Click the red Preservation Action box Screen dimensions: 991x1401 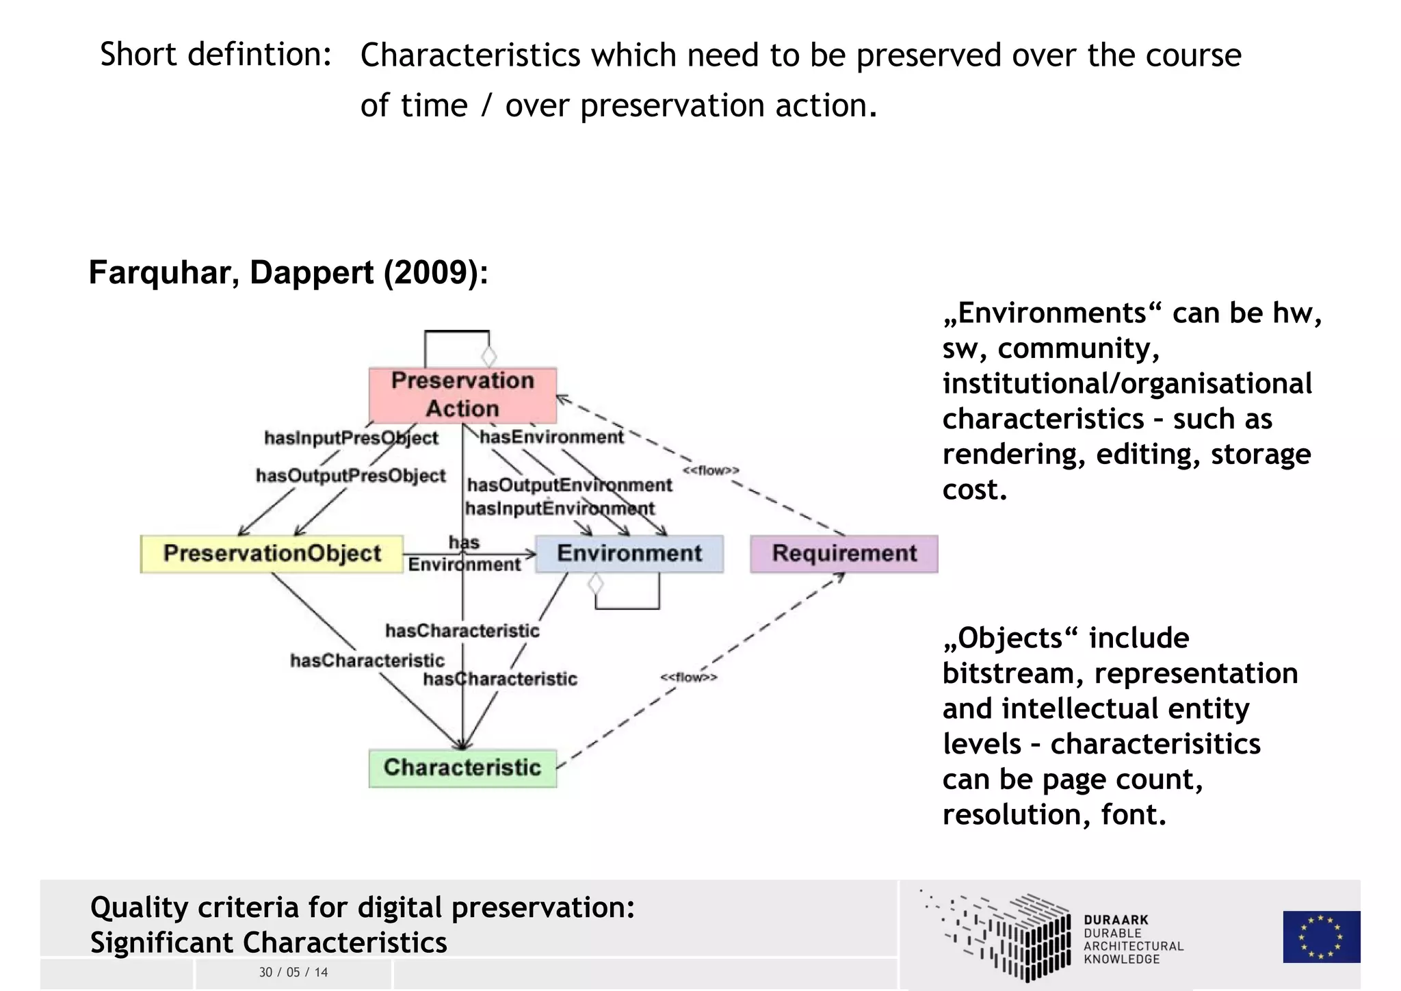click(462, 395)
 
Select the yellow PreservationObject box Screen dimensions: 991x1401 click(272, 554)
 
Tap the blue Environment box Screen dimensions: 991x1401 click(629, 554)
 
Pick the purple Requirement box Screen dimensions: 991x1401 click(844, 554)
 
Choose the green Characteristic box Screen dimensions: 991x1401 click(462, 768)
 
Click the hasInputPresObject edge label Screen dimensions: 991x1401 click(351, 438)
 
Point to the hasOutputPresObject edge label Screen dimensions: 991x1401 click(350, 476)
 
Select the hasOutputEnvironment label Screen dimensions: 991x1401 click(569, 485)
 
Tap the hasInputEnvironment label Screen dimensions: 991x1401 click(560, 509)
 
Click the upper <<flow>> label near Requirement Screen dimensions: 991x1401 click(711, 470)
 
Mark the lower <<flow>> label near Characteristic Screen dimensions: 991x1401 click(689, 678)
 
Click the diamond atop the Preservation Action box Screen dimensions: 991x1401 click(488, 357)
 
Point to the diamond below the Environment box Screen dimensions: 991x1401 click(596, 584)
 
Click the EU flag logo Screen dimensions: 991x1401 click(1321, 936)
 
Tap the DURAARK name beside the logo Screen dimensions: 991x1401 click(1116, 921)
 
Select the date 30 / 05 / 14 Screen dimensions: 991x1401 click(293, 973)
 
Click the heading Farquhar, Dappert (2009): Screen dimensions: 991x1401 click(289, 272)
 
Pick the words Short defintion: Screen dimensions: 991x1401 click(216, 54)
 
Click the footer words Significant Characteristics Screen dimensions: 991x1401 click(268, 942)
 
